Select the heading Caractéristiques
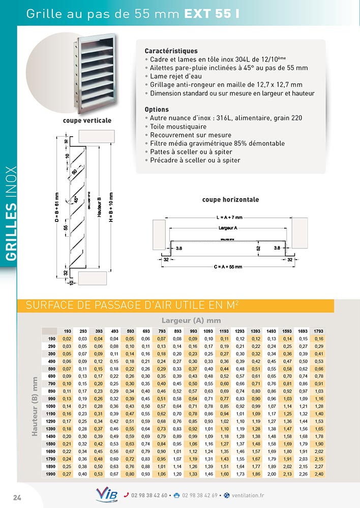(171, 51)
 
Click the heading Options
(157, 109)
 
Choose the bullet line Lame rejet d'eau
(176, 76)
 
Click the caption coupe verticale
(87, 121)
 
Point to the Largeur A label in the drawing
(230, 229)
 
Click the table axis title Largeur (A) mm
(191, 321)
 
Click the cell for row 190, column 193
(67, 339)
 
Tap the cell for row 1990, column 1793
(319, 474)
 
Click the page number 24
(17, 495)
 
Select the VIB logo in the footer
(106, 495)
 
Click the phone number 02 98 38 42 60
(149, 495)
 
